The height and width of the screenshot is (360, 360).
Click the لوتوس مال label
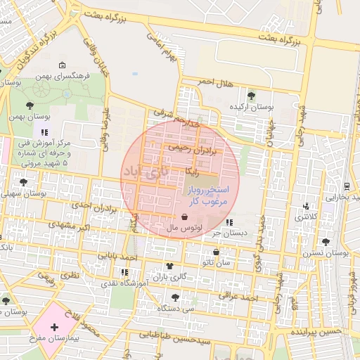point(185,229)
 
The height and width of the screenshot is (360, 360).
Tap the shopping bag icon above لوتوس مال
point(184,217)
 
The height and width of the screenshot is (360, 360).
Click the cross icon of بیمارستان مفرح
point(54,327)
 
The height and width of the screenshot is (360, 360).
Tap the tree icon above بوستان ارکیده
point(252,95)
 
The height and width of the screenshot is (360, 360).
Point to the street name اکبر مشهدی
point(70,227)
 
